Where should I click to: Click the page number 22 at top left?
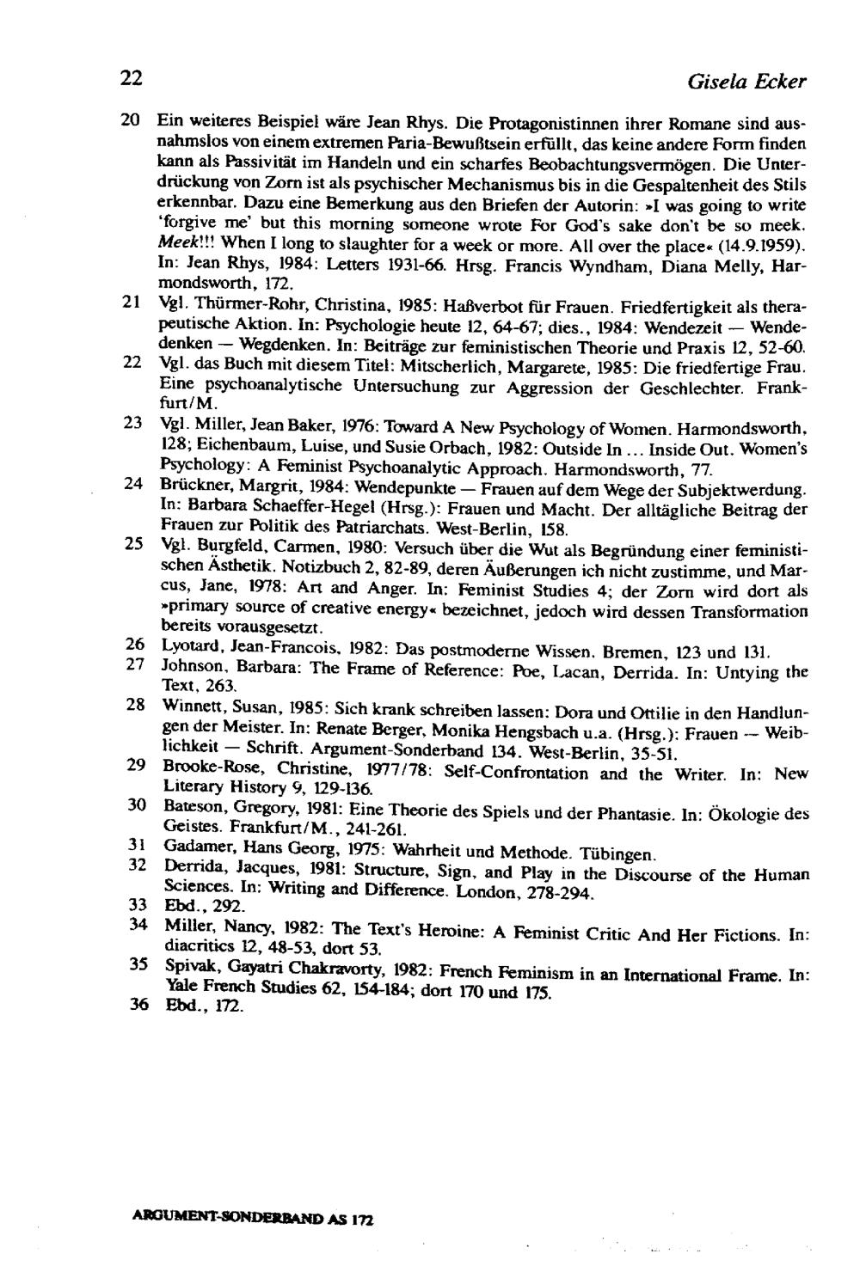(131, 78)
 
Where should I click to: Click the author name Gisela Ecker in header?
(746, 83)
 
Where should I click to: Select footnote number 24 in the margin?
(132, 484)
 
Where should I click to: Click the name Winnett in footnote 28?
(190, 707)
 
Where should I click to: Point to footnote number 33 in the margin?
(132, 904)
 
